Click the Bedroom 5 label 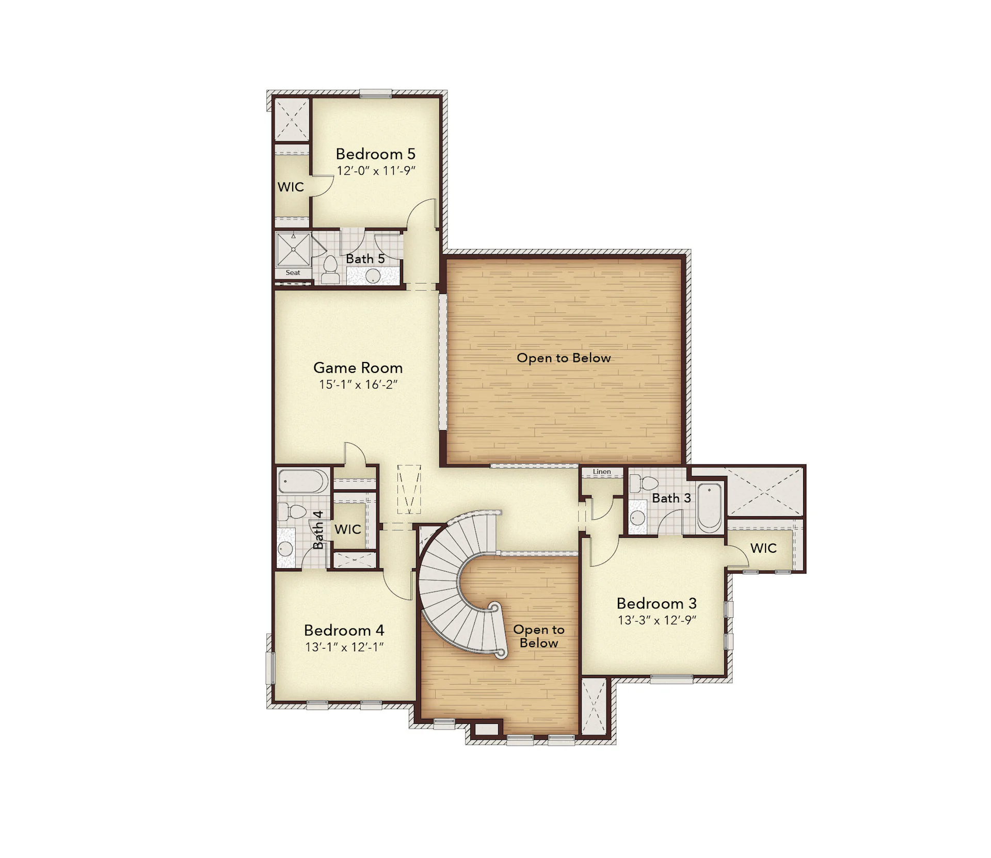(375, 154)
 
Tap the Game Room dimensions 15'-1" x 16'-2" (358, 384)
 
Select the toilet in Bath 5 (330, 269)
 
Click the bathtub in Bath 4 (303, 482)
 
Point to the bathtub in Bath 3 (710, 508)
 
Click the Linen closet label (602, 471)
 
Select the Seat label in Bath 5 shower (293, 273)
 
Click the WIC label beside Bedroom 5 (291, 187)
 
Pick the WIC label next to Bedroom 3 (763, 548)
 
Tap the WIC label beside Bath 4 (347, 529)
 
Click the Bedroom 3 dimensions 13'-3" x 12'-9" (657, 620)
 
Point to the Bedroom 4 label (344, 630)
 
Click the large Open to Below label (564, 358)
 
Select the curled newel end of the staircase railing (499, 653)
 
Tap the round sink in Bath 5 (373, 276)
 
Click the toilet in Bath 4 (292, 512)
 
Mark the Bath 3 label (671, 498)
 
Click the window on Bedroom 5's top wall (376, 94)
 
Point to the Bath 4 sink (285, 549)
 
